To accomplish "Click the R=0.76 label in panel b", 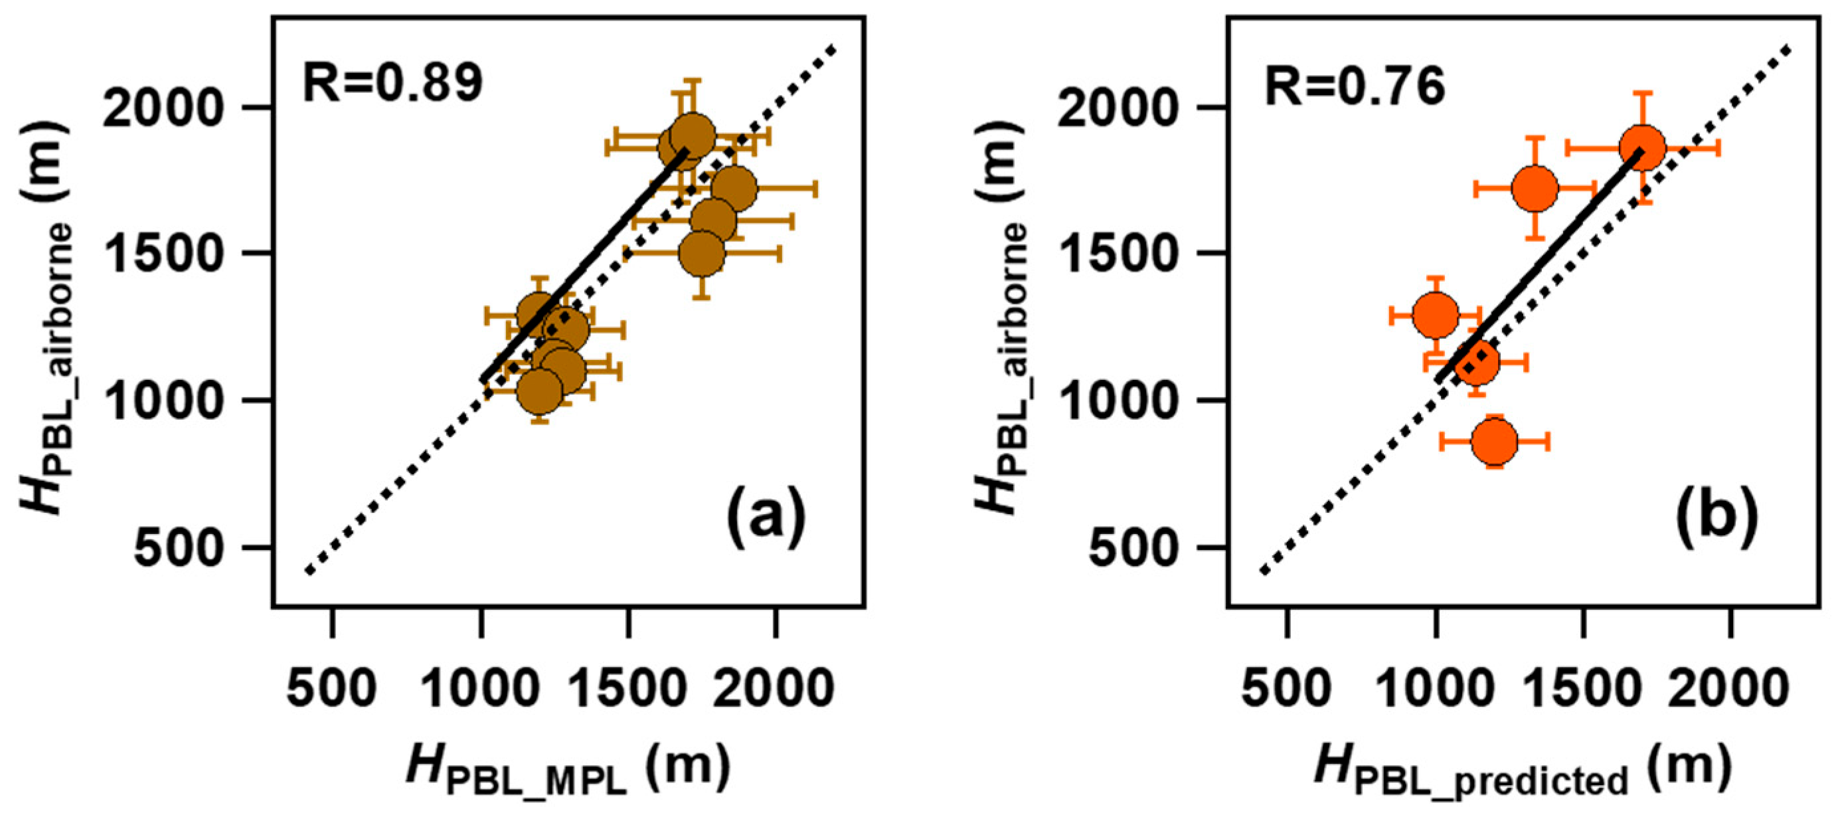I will (1354, 88).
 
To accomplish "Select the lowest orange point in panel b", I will (1494, 441).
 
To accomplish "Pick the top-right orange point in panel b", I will (1642, 147).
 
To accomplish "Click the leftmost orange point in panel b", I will (1435, 314).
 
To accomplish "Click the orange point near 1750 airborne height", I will (1535, 188).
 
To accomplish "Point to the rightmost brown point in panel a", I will (733, 188).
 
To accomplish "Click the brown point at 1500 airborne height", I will (702, 253).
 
